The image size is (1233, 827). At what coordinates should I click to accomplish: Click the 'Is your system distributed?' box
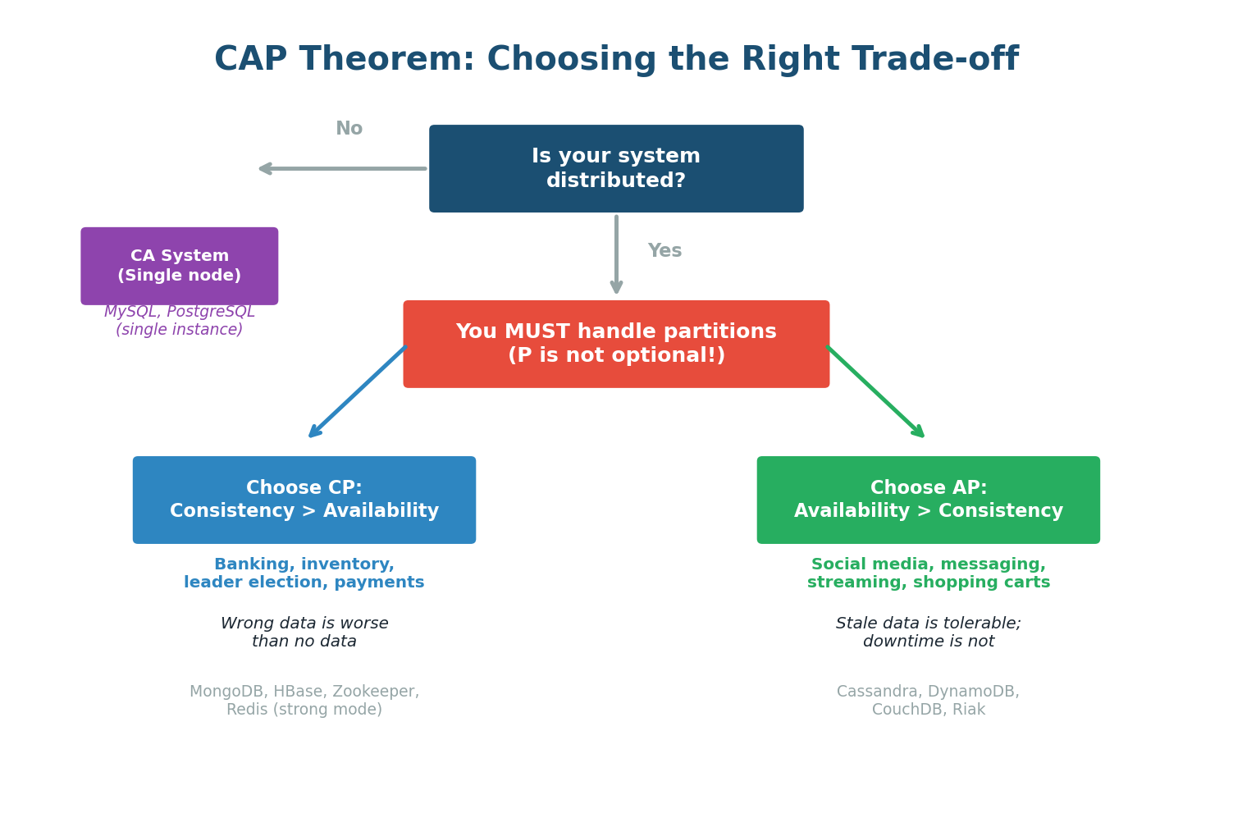point(616,168)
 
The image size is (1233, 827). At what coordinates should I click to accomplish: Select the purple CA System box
point(179,266)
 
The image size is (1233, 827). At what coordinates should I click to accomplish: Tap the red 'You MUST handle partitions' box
point(616,344)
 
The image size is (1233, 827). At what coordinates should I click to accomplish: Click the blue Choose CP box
point(304,500)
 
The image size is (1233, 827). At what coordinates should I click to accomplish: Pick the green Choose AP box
point(928,500)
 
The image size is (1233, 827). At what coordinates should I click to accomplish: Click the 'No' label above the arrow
point(349,129)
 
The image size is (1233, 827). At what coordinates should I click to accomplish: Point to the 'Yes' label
point(664,251)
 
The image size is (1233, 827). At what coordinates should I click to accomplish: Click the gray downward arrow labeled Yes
point(616,254)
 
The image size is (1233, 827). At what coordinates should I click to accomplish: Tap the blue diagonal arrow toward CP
point(358,392)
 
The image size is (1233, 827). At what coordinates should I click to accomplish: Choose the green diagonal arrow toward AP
point(875,392)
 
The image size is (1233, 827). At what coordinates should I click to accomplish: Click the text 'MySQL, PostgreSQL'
point(179,312)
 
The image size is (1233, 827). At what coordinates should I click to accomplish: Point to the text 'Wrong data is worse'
point(304,624)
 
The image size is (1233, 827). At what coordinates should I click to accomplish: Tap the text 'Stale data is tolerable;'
point(928,624)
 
